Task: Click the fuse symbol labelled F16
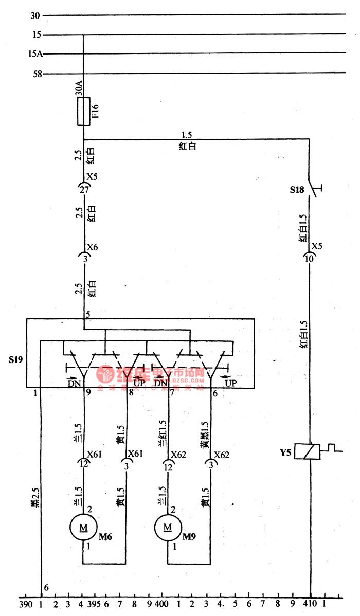pos(84,111)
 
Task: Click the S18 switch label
pos(297,190)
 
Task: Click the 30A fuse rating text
pos(78,90)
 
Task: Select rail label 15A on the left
pos(35,53)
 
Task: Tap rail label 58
pos(37,74)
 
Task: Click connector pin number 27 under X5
pos(84,190)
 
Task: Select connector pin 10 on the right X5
pos(310,259)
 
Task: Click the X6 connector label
pos(92,247)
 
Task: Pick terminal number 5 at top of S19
pos(88,314)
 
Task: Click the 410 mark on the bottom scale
pos(310,602)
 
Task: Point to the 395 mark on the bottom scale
pos(94,602)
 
